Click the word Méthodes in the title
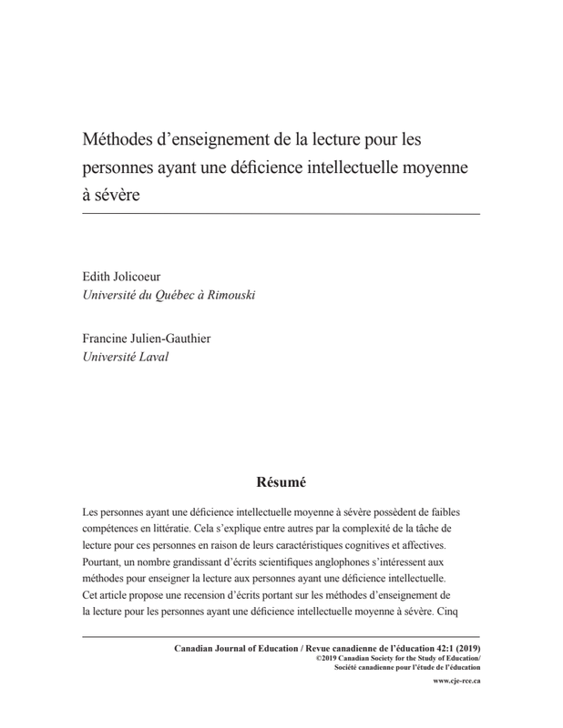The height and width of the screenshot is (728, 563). (118, 143)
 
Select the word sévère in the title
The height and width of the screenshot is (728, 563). (118, 196)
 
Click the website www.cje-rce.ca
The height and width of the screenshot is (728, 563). (456, 681)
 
